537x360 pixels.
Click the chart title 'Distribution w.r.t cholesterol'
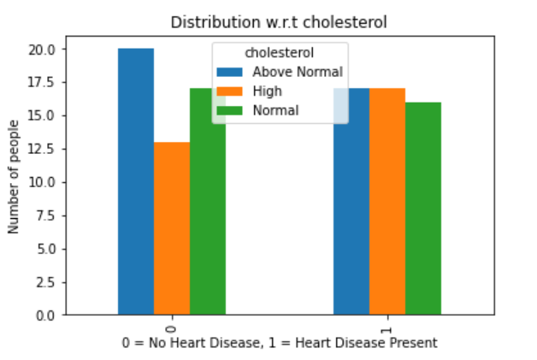279,22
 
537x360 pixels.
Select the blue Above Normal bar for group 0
136,181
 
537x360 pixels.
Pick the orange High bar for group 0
172,228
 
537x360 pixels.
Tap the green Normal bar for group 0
208,202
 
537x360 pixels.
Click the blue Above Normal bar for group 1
351,202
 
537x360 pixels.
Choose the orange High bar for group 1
387,202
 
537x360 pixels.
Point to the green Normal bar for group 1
423,209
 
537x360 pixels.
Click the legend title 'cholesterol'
279,53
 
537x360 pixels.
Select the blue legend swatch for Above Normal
229,72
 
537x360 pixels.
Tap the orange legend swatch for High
229,91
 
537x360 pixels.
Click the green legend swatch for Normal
229,110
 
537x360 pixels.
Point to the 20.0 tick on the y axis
41,50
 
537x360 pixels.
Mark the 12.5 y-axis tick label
41,149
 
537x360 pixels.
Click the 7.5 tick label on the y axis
46,215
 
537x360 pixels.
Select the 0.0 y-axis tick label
46,316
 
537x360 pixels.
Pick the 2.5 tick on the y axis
46,282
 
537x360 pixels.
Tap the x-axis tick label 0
171,329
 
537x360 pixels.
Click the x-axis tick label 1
387,330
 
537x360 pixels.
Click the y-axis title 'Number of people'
14,177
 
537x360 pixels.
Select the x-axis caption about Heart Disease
280,343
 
